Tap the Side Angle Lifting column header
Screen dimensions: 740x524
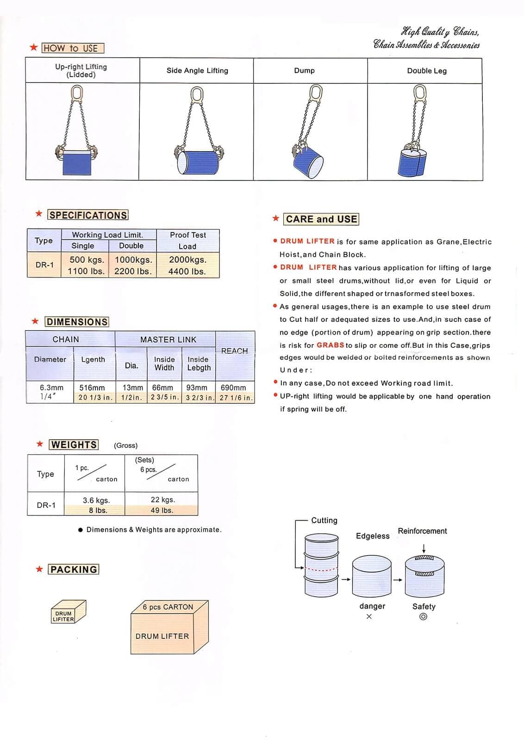point(197,71)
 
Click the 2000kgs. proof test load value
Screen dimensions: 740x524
point(187,259)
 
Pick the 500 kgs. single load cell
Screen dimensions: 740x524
point(87,259)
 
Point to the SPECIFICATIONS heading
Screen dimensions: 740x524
point(88,215)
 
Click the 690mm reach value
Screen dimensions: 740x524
point(233,388)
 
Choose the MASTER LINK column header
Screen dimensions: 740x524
point(168,339)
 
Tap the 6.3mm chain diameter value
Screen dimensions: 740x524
point(51,388)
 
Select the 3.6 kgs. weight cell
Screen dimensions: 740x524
point(96,500)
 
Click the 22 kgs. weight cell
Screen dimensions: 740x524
point(162,499)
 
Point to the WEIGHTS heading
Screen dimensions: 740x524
point(74,444)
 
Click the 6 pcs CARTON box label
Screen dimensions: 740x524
point(168,607)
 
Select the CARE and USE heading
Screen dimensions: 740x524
point(321,219)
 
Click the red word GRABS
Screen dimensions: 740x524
point(330,345)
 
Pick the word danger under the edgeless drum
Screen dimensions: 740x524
point(372,606)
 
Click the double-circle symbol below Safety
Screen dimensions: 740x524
point(423,617)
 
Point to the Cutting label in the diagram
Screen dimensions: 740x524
point(324,520)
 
